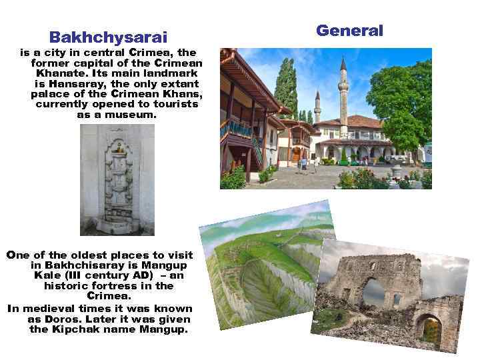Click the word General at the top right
click(349, 31)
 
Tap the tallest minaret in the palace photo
click(343, 93)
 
